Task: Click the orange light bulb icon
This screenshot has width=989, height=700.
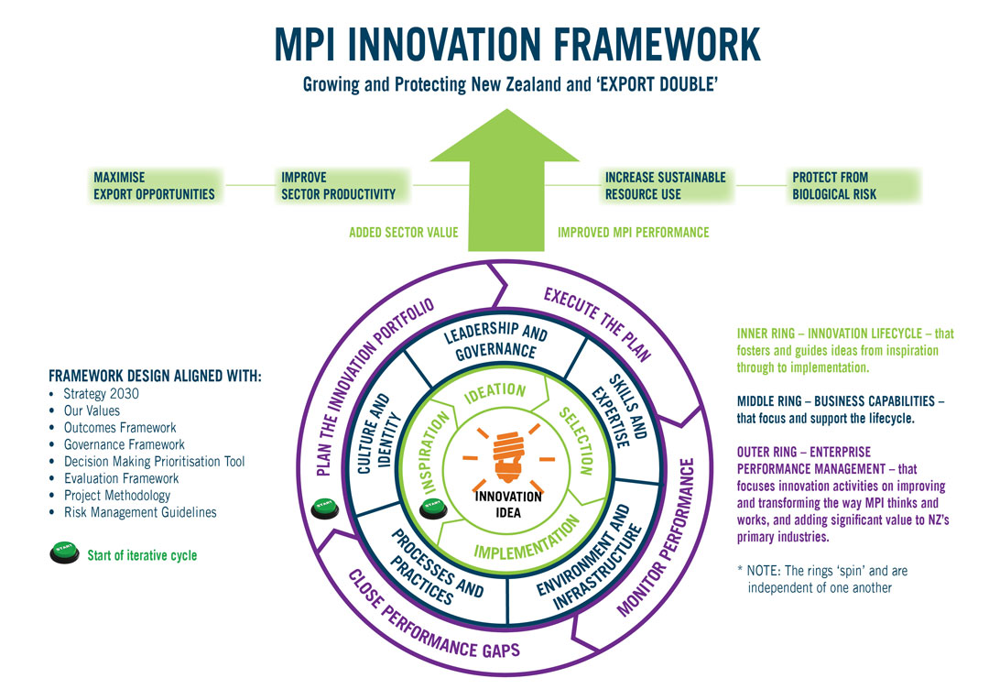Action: point(507,455)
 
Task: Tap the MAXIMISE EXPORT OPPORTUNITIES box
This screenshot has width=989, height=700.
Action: point(154,185)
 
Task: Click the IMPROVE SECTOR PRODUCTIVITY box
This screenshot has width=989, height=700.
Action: point(338,185)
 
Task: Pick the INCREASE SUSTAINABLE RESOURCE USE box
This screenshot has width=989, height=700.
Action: point(665,185)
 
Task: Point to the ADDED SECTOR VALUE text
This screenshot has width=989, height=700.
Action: point(403,233)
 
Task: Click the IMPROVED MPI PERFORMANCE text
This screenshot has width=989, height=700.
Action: point(633,233)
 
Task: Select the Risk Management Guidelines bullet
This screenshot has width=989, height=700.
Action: point(140,512)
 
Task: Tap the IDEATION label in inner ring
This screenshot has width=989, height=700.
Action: point(495,392)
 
